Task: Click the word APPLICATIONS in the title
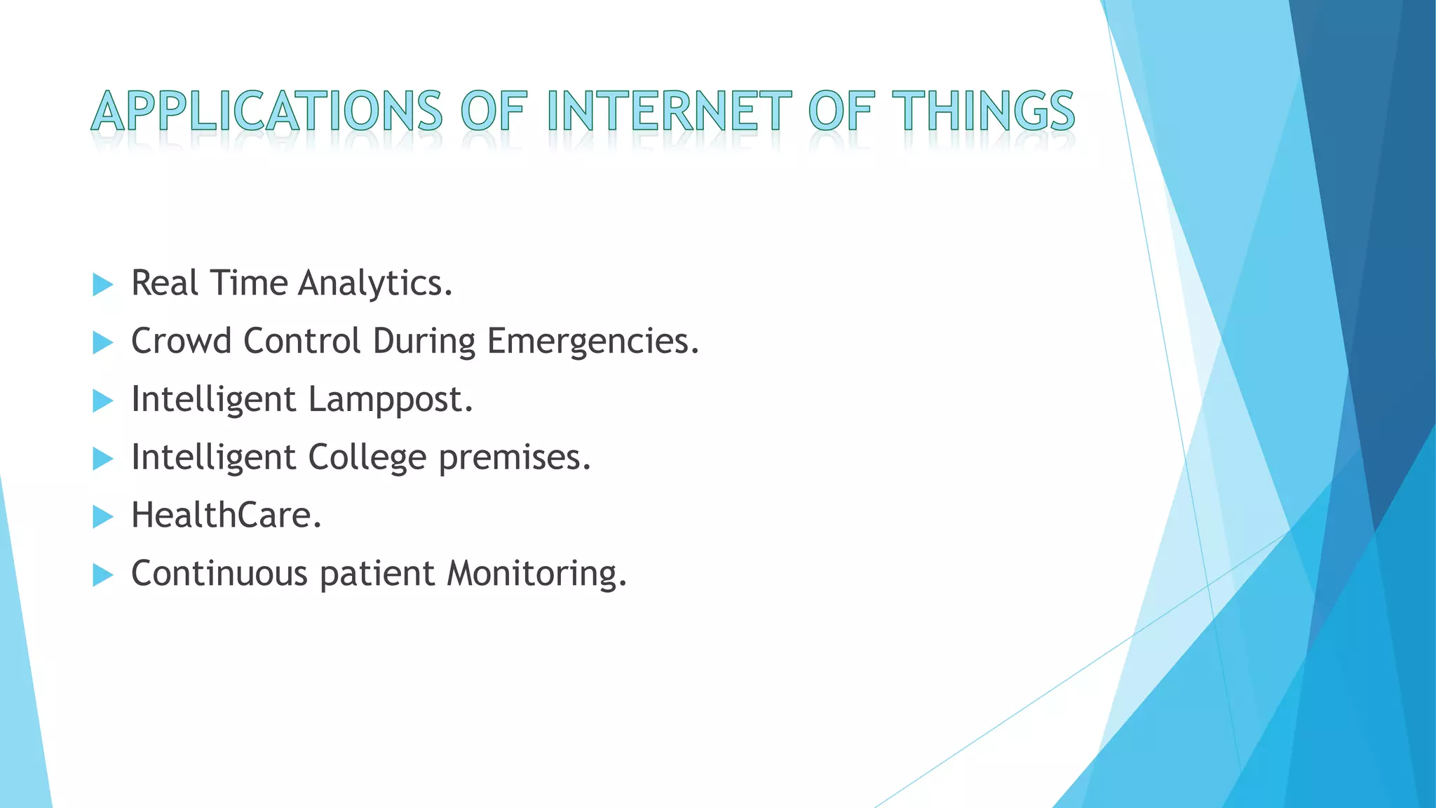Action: (x=266, y=111)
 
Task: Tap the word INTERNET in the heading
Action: (x=669, y=111)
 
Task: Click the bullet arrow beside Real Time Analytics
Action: (x=102, y=285)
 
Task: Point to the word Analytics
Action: (x=375, y=284)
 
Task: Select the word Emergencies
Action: (x=592, y=342)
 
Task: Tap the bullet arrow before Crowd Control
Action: (x=102, y=343)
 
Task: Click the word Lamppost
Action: (x=391, y=400)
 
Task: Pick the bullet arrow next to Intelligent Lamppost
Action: (x=102, y=401)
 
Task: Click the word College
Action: (x=367, y=459)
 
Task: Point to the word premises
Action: (x=515, y=459)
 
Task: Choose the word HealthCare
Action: (x=226, y=516)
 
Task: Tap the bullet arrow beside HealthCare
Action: (x=102, y=518)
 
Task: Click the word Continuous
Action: (x=219, y=574)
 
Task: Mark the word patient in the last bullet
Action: (x=377, y=574)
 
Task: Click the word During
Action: (x=424, y=342)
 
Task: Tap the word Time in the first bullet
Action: (x=249, y=283)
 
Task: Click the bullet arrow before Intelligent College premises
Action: (x=102, y=459)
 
